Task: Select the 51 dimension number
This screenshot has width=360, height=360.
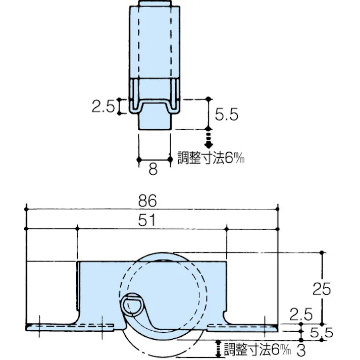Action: point(152,221)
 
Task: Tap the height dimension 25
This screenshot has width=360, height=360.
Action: point(321,288)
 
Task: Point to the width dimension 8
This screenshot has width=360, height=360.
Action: point(153,169)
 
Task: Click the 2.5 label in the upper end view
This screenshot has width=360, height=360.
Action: point(104,107)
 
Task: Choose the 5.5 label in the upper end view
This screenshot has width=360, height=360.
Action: point(226,115)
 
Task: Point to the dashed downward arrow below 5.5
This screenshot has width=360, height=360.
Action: point(208,138)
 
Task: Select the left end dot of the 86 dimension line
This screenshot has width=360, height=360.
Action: point(25,208)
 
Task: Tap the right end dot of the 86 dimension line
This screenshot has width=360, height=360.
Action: point(278,208)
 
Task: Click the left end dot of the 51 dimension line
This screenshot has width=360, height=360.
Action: point(77,229)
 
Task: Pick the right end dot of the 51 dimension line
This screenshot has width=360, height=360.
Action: point(226,229)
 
